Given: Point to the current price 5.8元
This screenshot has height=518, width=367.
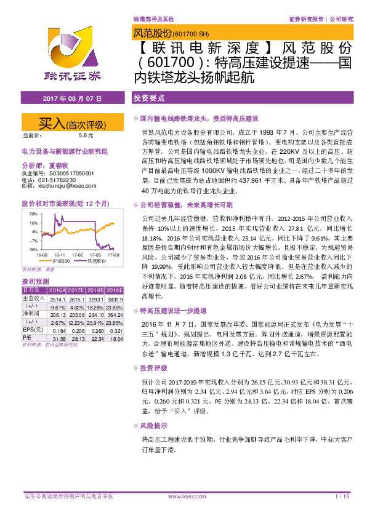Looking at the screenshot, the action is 86,135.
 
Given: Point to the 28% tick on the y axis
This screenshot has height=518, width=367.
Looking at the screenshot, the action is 34,213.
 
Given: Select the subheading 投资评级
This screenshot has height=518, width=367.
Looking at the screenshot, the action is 155,351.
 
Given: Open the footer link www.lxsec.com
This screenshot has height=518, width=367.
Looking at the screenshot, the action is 183,496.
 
